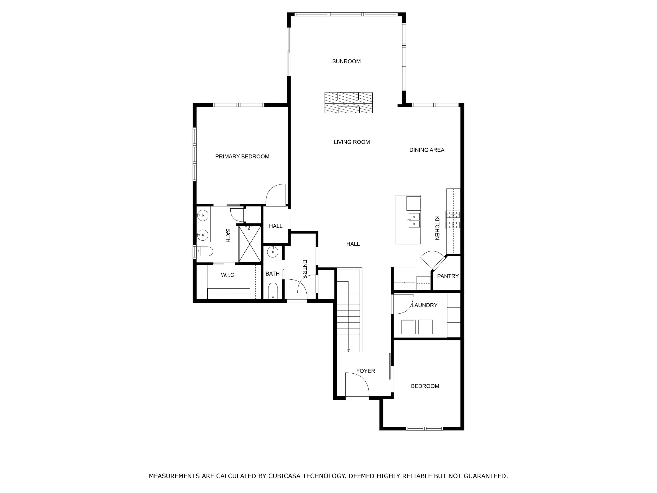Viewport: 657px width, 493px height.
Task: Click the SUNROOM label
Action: pyautogui.click(x=346, y=62)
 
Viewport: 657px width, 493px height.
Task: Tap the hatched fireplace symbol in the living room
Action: pyautogui.click(x=348, y=103)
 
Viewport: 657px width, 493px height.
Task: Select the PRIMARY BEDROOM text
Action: pyautogui.click(x=242, y=157)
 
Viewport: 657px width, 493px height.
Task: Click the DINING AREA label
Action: pyautogui.click(x=427, y=150)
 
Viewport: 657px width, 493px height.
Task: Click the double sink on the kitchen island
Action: pyautogui.click(x=414, y=220)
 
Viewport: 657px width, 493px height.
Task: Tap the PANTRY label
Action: pyautogui.click(x=448, y=276)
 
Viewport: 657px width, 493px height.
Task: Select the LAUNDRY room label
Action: pyautogui.click(x=424, y=305)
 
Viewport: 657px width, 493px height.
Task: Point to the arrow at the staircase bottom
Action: pyautogui.click(x=348, y=350)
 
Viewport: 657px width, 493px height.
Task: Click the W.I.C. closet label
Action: pyautogui.click(x=228, y=275)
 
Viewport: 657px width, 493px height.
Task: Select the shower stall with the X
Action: pyautogui.click(x=249, y=244)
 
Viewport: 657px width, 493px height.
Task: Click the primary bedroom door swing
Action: pyautogui.click(x=276, y=195)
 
